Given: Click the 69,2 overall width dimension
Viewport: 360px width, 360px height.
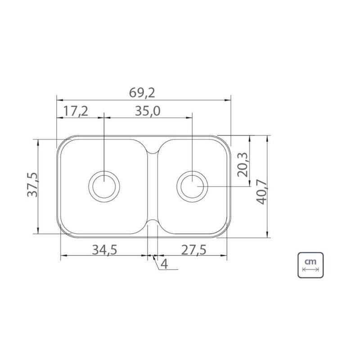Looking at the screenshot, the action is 142,93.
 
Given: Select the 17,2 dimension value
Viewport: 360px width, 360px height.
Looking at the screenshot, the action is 76,111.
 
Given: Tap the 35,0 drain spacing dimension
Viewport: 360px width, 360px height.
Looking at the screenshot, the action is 148,111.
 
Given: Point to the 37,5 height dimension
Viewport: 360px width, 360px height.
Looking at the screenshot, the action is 32,184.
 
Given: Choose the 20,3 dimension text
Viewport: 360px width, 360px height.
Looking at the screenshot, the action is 243,165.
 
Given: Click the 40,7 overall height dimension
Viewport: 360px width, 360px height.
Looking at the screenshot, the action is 262,193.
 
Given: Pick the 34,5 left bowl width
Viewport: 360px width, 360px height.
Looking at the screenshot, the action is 104,250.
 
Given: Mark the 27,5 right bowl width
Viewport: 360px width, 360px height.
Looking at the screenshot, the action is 194,250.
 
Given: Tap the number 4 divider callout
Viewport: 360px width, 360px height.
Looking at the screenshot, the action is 164,264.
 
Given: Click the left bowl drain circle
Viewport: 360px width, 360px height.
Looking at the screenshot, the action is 89,186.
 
